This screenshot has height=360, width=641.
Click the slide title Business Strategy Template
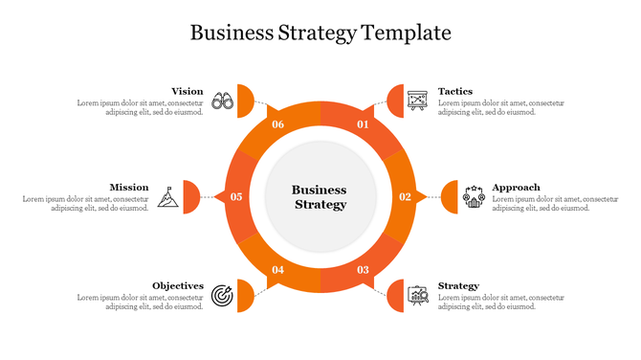pos(320,33)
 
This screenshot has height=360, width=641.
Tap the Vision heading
pos(188,92)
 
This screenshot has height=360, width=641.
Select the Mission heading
pos(129,188)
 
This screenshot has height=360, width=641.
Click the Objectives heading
pos(178,286)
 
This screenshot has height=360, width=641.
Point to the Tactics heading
pos(455,92)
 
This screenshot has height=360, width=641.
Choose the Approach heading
pos(516,188)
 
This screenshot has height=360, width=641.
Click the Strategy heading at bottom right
pos(458,286)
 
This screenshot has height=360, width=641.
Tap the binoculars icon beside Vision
pos(223,100)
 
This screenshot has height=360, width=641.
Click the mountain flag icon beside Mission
pos(168,196)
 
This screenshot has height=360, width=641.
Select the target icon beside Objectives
pos(222,294)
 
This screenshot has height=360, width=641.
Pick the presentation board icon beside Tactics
pos(417,100)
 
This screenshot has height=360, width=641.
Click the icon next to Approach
pos(474,196)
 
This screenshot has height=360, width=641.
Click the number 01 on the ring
pos(364,124)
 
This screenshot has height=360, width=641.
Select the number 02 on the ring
pos(405,197)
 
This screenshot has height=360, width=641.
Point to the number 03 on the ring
pos(364,270)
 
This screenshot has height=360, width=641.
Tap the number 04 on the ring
pos(277,270)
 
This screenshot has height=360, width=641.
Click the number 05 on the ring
pos(236,197)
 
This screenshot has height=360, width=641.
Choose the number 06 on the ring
pos(277,124)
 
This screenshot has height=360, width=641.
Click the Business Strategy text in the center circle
pos(320,197)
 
